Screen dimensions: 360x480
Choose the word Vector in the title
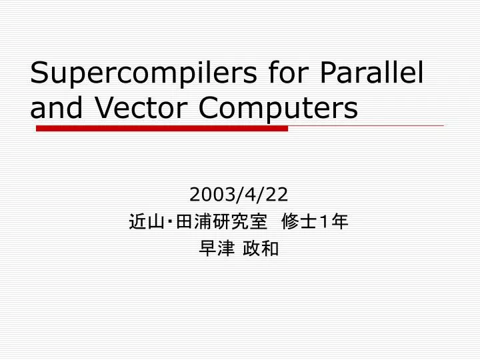point(143,107)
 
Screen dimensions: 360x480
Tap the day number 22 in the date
point(279,194)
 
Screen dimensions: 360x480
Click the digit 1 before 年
point(325,221)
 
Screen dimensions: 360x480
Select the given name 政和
point(265,249)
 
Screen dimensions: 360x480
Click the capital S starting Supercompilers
point(39,73)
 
